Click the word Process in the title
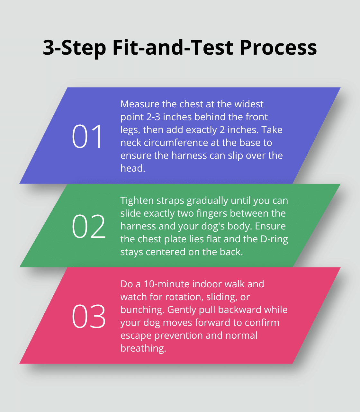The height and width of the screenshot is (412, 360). point(278,48)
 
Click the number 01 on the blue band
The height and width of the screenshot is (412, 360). point(87,137)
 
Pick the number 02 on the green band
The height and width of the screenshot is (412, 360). point(88,227)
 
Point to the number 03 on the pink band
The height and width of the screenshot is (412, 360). point(88,317)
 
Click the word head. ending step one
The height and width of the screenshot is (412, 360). point(133,168)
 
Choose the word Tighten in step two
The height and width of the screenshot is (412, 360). point(137,201)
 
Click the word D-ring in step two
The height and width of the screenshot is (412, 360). point(274,239)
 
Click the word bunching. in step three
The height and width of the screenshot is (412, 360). point(142,310)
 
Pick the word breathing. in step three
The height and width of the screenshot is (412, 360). point(143,348)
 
